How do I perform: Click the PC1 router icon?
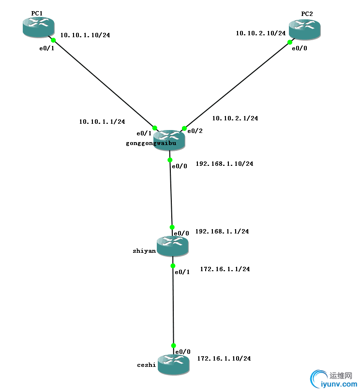click(38, 27)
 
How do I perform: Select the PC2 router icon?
click(304, 29)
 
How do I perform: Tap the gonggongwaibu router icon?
click(169, 140)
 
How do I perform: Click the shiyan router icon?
click(172, 246)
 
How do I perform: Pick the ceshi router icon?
click(173, 363)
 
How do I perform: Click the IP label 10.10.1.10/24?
click(85, 35)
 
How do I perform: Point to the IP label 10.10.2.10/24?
click(260, 33)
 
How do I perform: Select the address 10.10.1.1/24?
click(102, 122)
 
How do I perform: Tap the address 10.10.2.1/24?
click(235, 118)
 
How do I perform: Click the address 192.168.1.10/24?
click(224, 164)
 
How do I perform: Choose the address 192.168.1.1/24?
click(222, 232)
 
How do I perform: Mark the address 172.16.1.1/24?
click(225, 269)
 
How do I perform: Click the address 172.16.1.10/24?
click(224, 359)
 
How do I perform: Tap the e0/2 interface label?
click(195, 131)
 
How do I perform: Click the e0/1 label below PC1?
click(46, 48)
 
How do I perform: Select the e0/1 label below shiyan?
click(182, 272)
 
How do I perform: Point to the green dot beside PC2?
click(290, 42)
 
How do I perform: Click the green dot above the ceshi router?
click(173, 346)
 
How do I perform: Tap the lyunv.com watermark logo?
click(334, 379)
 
